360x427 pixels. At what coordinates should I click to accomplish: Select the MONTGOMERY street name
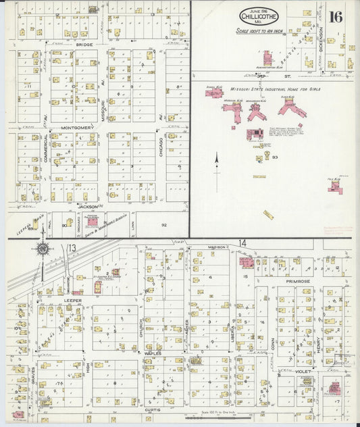[x=76, y=128]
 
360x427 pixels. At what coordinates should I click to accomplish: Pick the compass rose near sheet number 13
[x=42, y=249]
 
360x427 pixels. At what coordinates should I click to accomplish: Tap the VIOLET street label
[x=303, y=371]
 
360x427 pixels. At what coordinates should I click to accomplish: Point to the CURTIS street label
[x=151, y=409]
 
